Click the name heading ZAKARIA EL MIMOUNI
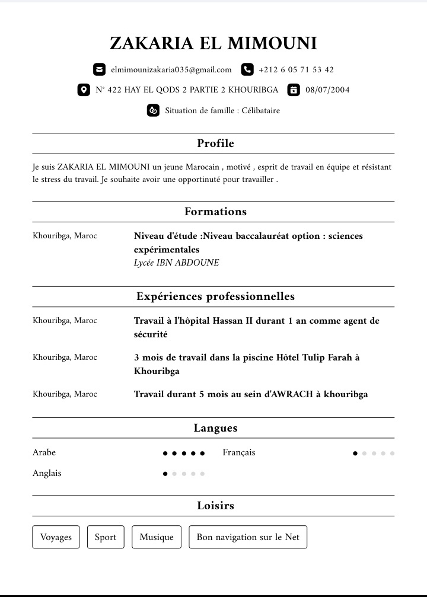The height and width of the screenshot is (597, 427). [x=213, y=43]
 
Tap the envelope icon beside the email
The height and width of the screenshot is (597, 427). [x=99, y=69]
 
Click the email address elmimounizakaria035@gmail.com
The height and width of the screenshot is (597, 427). [x=171, y=69]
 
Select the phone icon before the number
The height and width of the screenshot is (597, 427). [x=247, y=69]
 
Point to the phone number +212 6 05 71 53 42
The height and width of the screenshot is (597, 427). [x=296, y=69]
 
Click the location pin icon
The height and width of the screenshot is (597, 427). [x=84, y=90]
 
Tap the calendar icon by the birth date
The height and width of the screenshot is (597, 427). [x=293, y=90]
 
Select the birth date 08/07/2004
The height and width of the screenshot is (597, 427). [x=327, y=90]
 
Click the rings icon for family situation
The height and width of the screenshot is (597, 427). [x=153, y=110]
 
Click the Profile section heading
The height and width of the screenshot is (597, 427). [x=215, y=143]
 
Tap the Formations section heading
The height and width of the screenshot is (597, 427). [x=215, y=212]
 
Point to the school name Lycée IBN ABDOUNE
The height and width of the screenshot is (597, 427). [x=176, y=263]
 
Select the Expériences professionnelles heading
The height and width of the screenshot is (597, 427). [x=215, y=296]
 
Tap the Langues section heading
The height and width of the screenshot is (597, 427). [x=215, y=428]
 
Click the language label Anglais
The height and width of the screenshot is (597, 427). [x=47, y=473]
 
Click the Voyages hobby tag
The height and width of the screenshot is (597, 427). [x=56, y=537]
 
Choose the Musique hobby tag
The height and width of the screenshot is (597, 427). [x=157, y=537]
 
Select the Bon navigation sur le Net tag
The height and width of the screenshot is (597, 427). [x=248, y=537]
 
